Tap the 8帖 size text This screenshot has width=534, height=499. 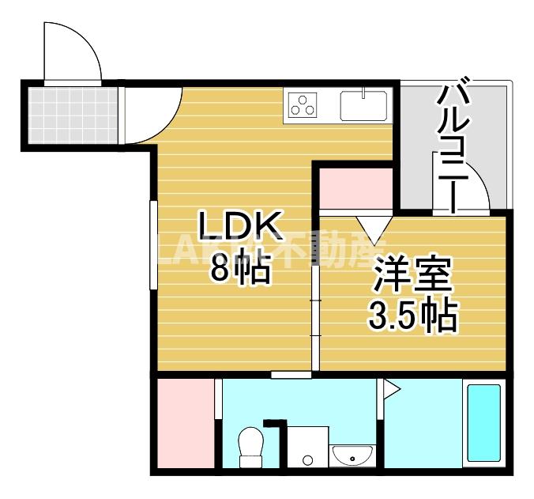tap(239, 269)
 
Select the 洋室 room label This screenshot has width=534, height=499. tap(412, 277)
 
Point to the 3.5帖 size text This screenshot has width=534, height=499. tap(412, 316)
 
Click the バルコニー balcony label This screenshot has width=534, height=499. tap(455, 146)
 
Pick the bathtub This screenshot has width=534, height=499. tap(483, 423)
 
